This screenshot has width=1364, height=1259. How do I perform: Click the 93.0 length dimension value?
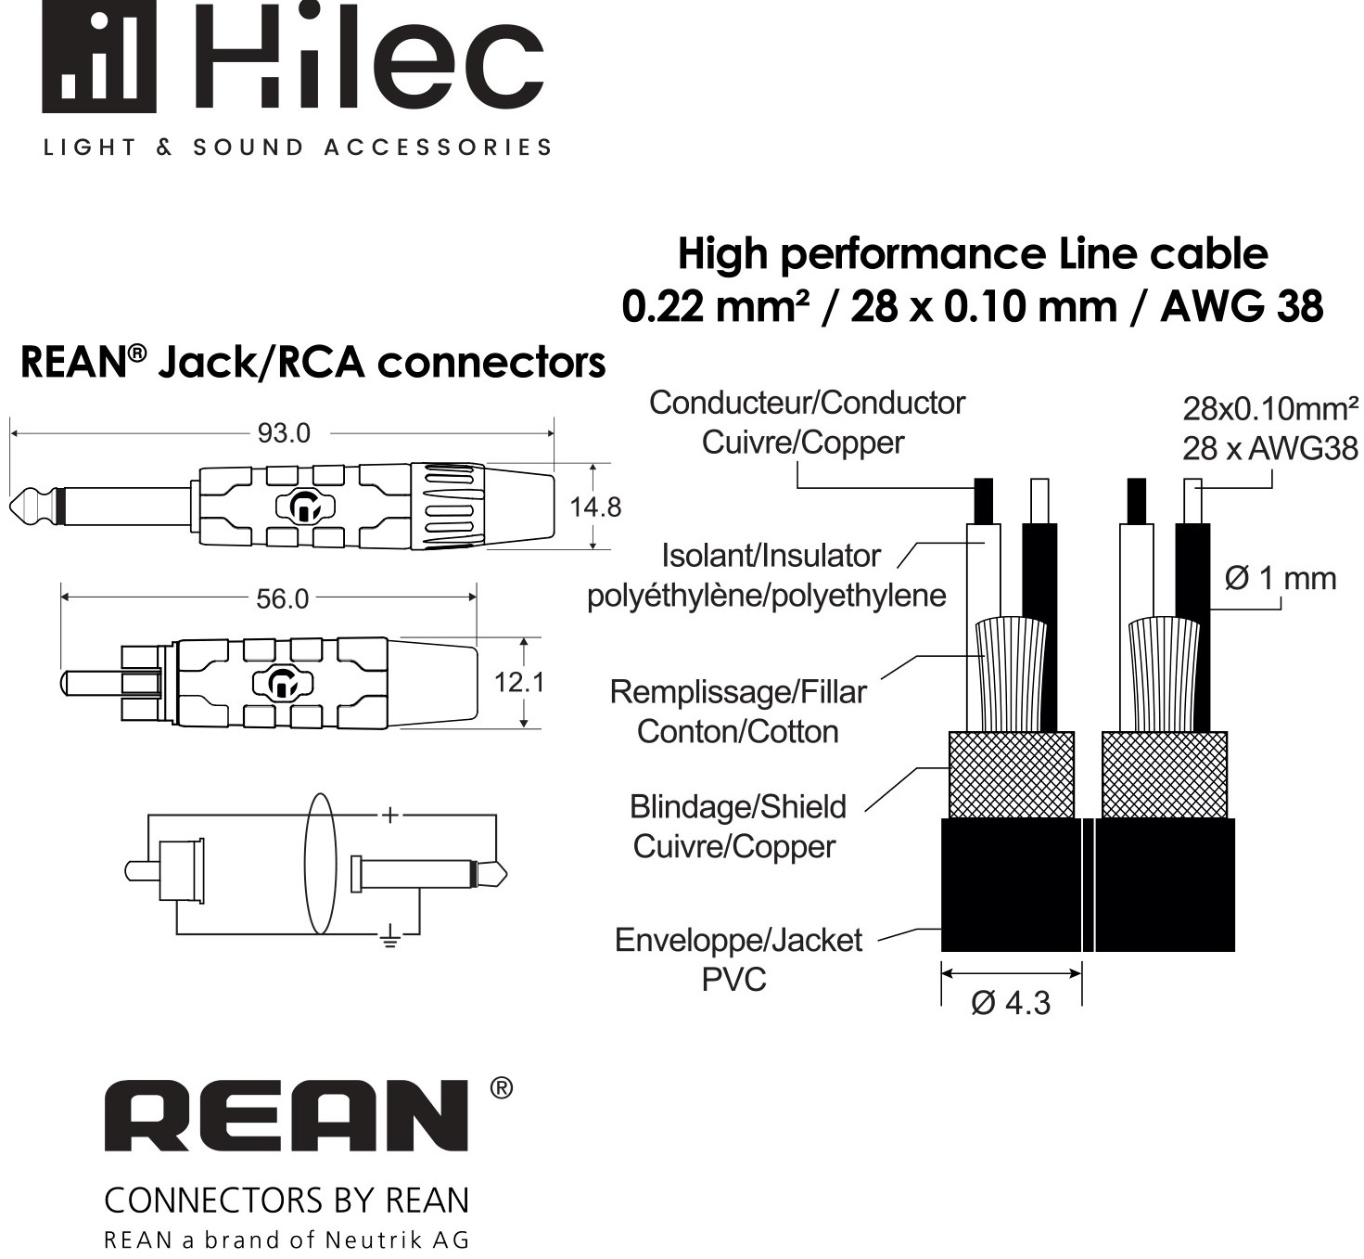coord(284,433)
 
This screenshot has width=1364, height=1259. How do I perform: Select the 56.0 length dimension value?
coord(282,599)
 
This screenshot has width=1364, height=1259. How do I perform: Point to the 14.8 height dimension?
coord(595,507)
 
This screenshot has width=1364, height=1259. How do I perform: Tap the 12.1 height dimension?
coord(519,683)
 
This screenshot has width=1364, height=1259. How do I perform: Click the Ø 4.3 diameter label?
coord(1011,1003)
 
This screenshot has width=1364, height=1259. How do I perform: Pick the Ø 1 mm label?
coord(1281,579)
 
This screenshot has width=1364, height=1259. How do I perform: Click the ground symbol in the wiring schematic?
coord(390,937)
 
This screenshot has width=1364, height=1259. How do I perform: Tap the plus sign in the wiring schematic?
coord(389,815)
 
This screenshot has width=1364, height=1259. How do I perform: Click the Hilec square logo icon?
coord(99,57)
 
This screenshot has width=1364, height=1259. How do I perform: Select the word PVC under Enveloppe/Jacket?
coord(733,980)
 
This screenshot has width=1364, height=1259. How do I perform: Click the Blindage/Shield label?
coord(737,807)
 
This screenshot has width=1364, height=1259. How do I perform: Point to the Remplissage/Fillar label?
coord(738,693)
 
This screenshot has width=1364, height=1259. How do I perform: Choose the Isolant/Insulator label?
coord(771,556)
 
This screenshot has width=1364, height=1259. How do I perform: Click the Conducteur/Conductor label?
coord(807,404)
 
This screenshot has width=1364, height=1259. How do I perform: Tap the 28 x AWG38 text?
coord(1270,449)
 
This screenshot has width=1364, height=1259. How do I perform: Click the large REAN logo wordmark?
coord(287,1115)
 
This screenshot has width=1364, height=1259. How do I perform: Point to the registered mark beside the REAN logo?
coord(502,1088)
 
